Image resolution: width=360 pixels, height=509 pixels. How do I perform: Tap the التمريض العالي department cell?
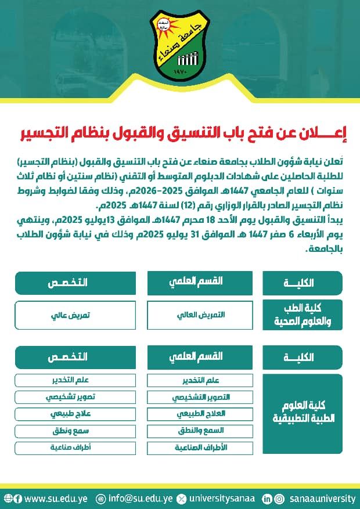200,315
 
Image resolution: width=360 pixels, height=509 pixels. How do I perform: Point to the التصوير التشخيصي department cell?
200,398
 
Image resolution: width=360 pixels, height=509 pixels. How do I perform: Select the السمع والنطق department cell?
200,431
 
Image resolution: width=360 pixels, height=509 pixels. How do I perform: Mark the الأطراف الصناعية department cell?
200,448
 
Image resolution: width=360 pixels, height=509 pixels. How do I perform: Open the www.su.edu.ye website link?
55,498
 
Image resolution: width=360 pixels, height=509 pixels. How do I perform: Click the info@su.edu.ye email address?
139,498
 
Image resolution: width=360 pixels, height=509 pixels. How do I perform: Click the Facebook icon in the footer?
18,498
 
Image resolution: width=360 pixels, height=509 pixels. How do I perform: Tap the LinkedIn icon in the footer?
267,498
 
